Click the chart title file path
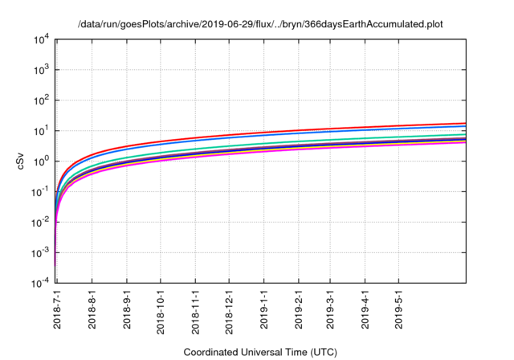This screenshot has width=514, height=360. click(260, 24)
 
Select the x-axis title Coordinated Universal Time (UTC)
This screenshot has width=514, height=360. click(261, 352)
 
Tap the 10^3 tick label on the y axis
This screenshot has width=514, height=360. click(42, 70)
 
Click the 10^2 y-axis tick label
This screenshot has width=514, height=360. click(42, 100)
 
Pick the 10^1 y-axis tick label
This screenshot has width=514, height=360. click(42, 131)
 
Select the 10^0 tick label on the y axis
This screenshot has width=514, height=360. click(42, 162)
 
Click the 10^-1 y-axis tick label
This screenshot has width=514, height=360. click(40, 192)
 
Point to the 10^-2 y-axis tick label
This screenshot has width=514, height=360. click(40, 223)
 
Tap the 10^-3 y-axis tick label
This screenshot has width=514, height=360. click(40, 253)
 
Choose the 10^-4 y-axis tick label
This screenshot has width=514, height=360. click(40, 284)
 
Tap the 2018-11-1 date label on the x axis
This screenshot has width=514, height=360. click(195, 309)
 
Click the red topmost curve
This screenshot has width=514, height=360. click(321, 129)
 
